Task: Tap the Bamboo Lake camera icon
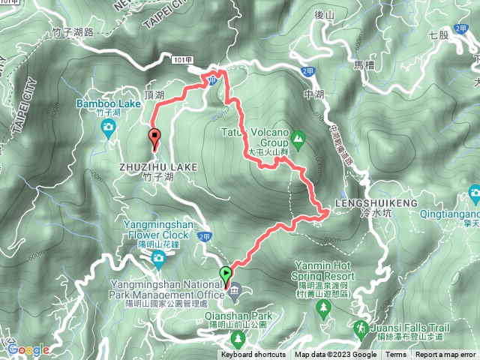[109, 127]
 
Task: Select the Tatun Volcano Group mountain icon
[298, 137]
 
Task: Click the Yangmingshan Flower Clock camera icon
[157, 259]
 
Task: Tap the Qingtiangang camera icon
[475, 194]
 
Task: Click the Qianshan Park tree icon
[239, 340]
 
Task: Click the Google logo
[28, 349]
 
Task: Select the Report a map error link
[445, 355]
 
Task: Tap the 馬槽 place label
[363, 65]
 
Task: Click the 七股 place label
[438, 34]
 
